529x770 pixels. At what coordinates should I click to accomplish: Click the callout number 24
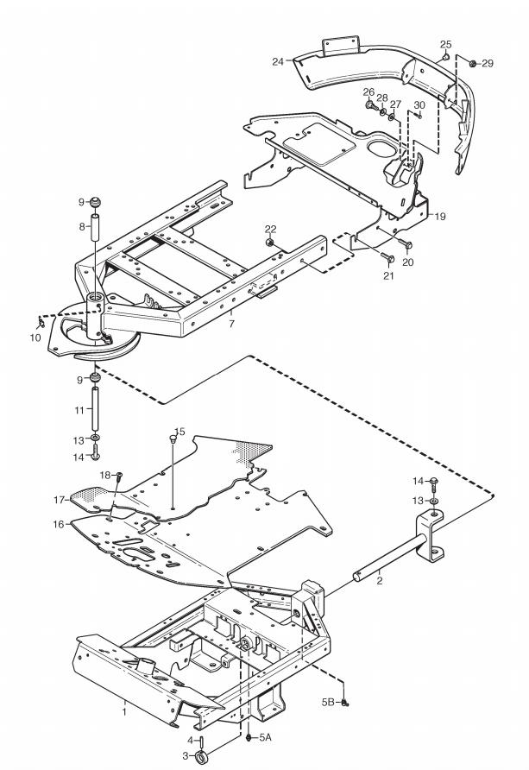click(278, 61)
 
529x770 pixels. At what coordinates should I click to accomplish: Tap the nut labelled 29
click(473, 63)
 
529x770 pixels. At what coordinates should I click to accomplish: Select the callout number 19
click(440, 216)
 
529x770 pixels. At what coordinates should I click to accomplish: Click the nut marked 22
click(269, 243)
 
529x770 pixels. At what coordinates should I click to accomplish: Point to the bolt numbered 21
click(388, 258)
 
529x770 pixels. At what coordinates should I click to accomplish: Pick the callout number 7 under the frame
click(231, 324)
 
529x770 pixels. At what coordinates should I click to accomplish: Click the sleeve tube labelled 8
click(96, 226)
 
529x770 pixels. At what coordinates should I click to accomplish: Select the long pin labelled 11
click(95, 408)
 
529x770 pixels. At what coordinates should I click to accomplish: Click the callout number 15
click(180, 432)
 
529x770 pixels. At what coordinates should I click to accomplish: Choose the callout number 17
click(60, 500)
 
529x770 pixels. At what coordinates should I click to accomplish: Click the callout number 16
click(59, 525)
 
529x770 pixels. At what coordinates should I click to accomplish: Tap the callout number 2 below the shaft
click(380, 581)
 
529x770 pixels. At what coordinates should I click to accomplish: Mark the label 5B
click(328, 703)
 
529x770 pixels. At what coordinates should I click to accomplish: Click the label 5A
click(266, 737)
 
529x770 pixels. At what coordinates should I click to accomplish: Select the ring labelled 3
click(200, 757)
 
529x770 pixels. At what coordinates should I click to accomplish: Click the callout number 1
click(124, 711)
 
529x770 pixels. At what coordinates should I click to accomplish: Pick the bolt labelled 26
click(371, 104)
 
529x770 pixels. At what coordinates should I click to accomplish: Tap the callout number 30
click(419, 105)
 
